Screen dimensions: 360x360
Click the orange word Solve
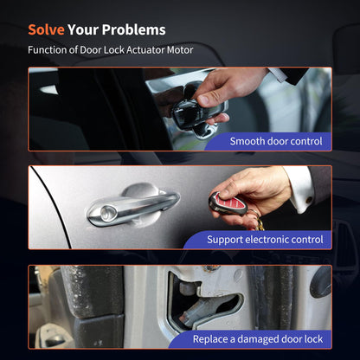pyautogui.click(x=46, y=29)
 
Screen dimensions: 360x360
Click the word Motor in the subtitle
pyautogui.click(x=180, y=50)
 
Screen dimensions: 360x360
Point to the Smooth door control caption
pyautogui.click(x=276, y=141)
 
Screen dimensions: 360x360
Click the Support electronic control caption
pyautogui.click(x=265, y=240)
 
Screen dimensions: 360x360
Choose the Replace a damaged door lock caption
pyautogui.click(x=258, y=339)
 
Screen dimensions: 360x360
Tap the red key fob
pyautogui.click(x=228, y=204)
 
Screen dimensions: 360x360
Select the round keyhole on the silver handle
pyautogui.click(x=108, y=213)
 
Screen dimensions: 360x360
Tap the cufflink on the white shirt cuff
pyautogui.click(x=309, y=200)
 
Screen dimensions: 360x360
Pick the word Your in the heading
pyautogui.click(x=83, y=29)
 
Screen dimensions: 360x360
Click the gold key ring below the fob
pyautogui.click(x=258, y=222)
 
